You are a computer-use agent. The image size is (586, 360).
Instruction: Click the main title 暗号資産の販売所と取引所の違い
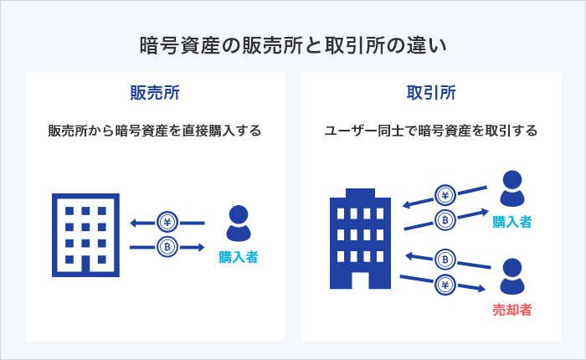tap(293, 44)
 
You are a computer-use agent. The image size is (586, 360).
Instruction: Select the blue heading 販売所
tap(154, 92)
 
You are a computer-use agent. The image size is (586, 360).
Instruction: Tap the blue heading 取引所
tap(430, 92)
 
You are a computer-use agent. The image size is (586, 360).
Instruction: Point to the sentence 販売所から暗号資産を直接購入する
tap(154, 131)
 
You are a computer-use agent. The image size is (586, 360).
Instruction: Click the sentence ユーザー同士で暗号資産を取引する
tap(430, 131)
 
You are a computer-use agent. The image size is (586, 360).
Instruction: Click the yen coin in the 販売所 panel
tap(167, 223)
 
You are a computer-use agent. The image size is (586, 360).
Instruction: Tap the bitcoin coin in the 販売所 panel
tap(167, 247)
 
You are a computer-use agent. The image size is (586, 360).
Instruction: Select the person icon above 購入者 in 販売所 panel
tap(239, 224)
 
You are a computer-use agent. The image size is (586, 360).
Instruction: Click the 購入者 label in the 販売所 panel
tap(239, 257)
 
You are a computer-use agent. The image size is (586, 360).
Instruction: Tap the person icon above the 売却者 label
tap(512, 276)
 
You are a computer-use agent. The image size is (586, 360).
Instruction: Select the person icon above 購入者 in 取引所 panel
tap(512, 188)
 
